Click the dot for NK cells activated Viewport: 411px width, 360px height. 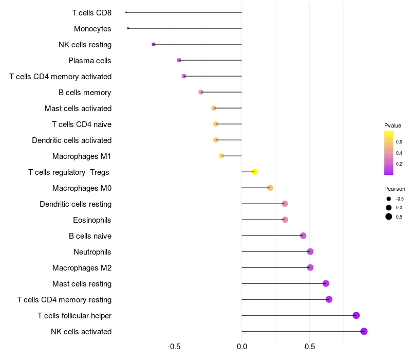[364, 331]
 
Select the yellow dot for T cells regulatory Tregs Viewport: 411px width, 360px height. [254, 172]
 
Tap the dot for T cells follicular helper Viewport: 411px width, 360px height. [356, 315]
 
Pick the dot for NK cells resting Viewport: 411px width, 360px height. [154, 44]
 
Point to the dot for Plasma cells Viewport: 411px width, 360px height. [179, 60]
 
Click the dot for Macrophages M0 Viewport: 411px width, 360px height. [270, 188]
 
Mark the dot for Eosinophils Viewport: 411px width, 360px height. [285, 220]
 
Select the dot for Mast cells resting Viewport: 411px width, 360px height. [326, 283]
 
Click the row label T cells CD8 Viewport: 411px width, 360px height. [91, 12]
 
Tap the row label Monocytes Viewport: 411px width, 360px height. [92, 28]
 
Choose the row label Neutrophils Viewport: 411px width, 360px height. [92, 251]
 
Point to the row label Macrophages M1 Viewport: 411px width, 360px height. [82, 156]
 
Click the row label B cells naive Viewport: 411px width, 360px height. [90, 236]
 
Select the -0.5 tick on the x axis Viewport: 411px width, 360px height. [174, 346]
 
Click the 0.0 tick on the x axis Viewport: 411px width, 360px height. [241, 346]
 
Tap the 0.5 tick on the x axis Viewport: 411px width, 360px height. [309, 346]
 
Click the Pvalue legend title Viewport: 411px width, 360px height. [393, 125]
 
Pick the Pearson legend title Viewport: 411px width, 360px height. [395, 189]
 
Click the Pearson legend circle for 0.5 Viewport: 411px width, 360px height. [389, 217]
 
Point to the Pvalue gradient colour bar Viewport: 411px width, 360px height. [389, 153]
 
